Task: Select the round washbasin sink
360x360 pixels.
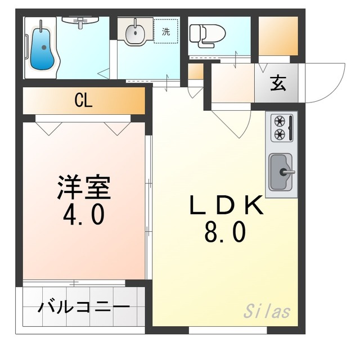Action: pyautogui.click(x=134, y=34)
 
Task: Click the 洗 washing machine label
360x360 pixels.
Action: pyautogui.click(x=166, y=32)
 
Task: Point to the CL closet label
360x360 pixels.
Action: pyautogui.click(x=84, y=101)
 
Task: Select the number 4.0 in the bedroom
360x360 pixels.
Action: pyautogui.click(x=83, y=215)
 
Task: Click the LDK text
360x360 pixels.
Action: pyautogui.click(x=226, y=206)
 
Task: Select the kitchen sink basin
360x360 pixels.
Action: pyautogui.click(x=280, y=172)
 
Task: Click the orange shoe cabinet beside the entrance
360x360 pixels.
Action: pyautogui.click(x=278, y=37)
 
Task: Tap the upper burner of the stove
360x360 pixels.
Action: pyautogui.click(x=278, y=120)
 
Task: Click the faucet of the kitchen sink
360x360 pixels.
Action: pyautogui.click(x=288, y=171)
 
